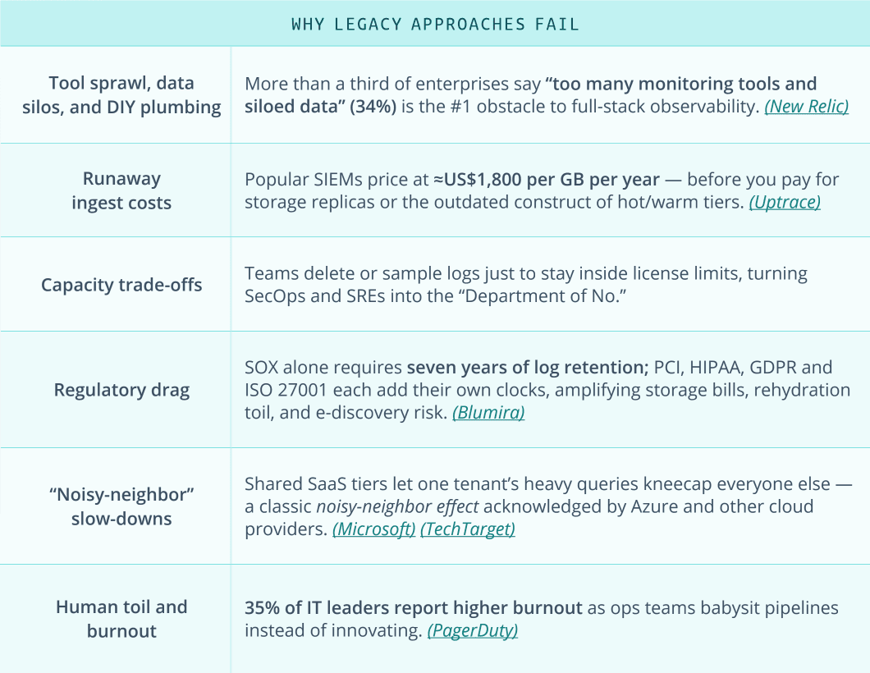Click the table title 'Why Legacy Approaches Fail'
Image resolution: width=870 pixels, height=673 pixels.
(x=435, y=24)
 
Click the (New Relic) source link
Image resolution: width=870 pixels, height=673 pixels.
(x=806, y=107)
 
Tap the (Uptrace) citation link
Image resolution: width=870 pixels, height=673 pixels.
(x=784, y=202)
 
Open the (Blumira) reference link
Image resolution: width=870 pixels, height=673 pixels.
(x=488, y=413)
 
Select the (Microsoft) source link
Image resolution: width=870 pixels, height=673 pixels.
(x=373, y=529)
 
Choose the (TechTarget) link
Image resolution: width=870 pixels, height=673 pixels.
(x=467, y=529)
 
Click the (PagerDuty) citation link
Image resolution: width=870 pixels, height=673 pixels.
(x=472, y=631)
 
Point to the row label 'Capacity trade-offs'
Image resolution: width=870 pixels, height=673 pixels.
(x=121, y=285)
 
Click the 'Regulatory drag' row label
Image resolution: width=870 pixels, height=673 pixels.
(x=121, y=390)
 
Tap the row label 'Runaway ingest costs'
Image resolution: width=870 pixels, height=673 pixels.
(x=121, y=190)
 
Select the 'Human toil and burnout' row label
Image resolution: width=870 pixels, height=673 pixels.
(x=121, y=619)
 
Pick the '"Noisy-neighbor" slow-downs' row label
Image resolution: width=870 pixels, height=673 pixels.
(x=121, y=506)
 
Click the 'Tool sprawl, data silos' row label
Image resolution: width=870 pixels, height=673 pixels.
(x=121, y=95)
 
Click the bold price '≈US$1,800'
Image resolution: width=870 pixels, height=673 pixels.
(x=487, y=179)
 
